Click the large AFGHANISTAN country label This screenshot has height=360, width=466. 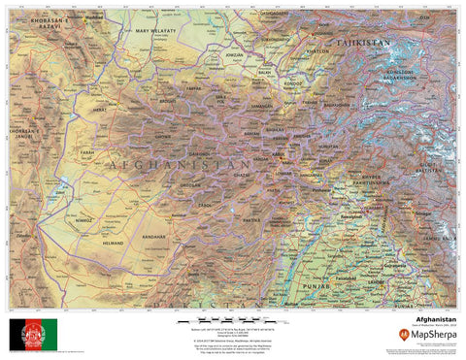(x=181, y=167)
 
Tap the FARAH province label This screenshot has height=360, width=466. (x=87, y=152)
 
